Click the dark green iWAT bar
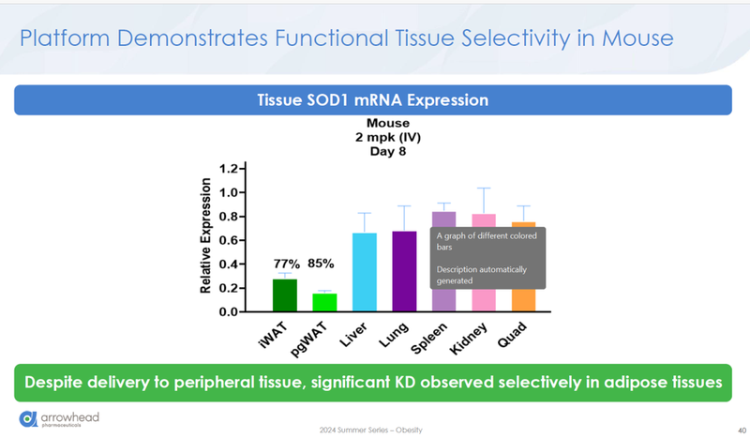point(285,295)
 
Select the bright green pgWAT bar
point(324,302)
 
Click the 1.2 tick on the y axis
point(228,169)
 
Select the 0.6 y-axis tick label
point(228,240)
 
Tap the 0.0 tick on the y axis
point(228,311)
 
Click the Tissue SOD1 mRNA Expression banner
point(373,99)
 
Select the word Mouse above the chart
point(386,123)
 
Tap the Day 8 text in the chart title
point(386,151)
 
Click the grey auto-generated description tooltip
point(487,258)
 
